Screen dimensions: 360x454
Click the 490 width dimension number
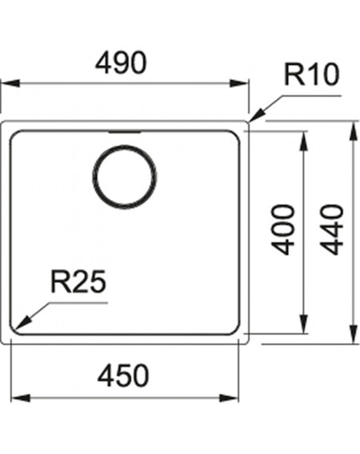pos(121,62)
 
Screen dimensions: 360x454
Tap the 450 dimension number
pos(123,376)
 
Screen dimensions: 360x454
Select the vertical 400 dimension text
pos(282,230)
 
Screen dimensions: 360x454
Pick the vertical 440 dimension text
pos(332,230)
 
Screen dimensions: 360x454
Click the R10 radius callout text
pos(311,74)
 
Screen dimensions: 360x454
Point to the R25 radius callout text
pos(78,282)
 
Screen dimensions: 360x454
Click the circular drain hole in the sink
pos(125,177)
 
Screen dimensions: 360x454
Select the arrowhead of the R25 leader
pos(22,323)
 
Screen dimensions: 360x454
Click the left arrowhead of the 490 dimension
pos(10,83)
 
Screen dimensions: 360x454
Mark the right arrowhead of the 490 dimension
pos(239,83)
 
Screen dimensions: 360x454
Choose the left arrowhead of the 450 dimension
pos(20,398)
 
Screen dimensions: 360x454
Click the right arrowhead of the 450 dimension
pos(229,398)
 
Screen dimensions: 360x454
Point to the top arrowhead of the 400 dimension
pos(303,141)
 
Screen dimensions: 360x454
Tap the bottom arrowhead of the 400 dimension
pos(303,324)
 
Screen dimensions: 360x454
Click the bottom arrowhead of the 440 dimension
pos(353,335)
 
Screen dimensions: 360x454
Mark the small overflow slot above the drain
pos(125,132)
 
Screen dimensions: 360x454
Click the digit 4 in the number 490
pos(104,62)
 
